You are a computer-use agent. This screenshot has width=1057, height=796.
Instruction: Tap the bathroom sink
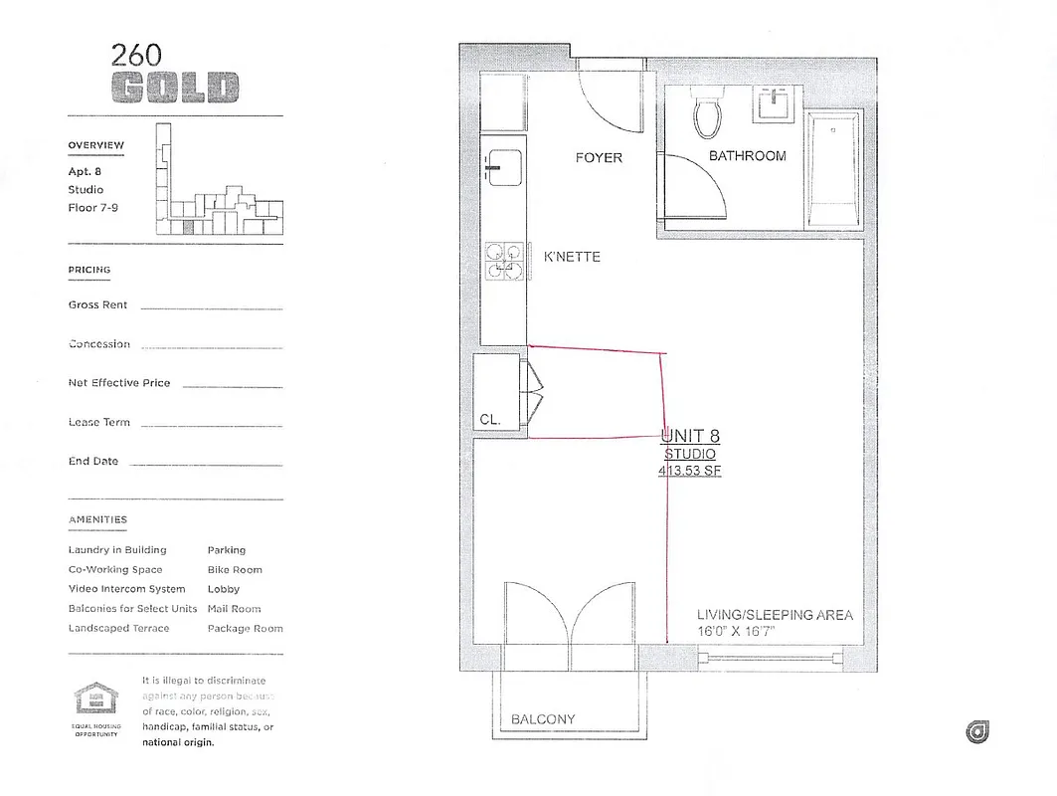point(774,102)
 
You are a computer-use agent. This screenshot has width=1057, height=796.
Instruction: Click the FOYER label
point(599,157)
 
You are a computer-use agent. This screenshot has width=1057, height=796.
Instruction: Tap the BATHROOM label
point(747,156)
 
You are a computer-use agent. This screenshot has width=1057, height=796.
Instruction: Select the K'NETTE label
point(572,257)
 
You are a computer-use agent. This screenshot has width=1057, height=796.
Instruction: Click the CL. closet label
point(490,420)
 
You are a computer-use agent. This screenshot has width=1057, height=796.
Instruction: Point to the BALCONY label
point(543,719)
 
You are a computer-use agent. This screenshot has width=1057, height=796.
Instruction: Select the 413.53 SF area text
point(689,472)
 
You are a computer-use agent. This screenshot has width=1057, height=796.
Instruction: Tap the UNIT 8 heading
point(690,436)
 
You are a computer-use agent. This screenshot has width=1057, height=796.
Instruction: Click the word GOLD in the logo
point(175,88)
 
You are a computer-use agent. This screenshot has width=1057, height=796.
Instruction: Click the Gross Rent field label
point(97,305)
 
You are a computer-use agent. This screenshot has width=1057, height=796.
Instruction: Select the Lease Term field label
point(98,422)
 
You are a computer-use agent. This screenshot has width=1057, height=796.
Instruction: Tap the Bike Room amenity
point(235,570)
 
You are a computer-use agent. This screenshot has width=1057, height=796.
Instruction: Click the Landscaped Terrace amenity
point(118,629)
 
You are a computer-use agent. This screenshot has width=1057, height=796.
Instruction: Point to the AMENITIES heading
point(97,519)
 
